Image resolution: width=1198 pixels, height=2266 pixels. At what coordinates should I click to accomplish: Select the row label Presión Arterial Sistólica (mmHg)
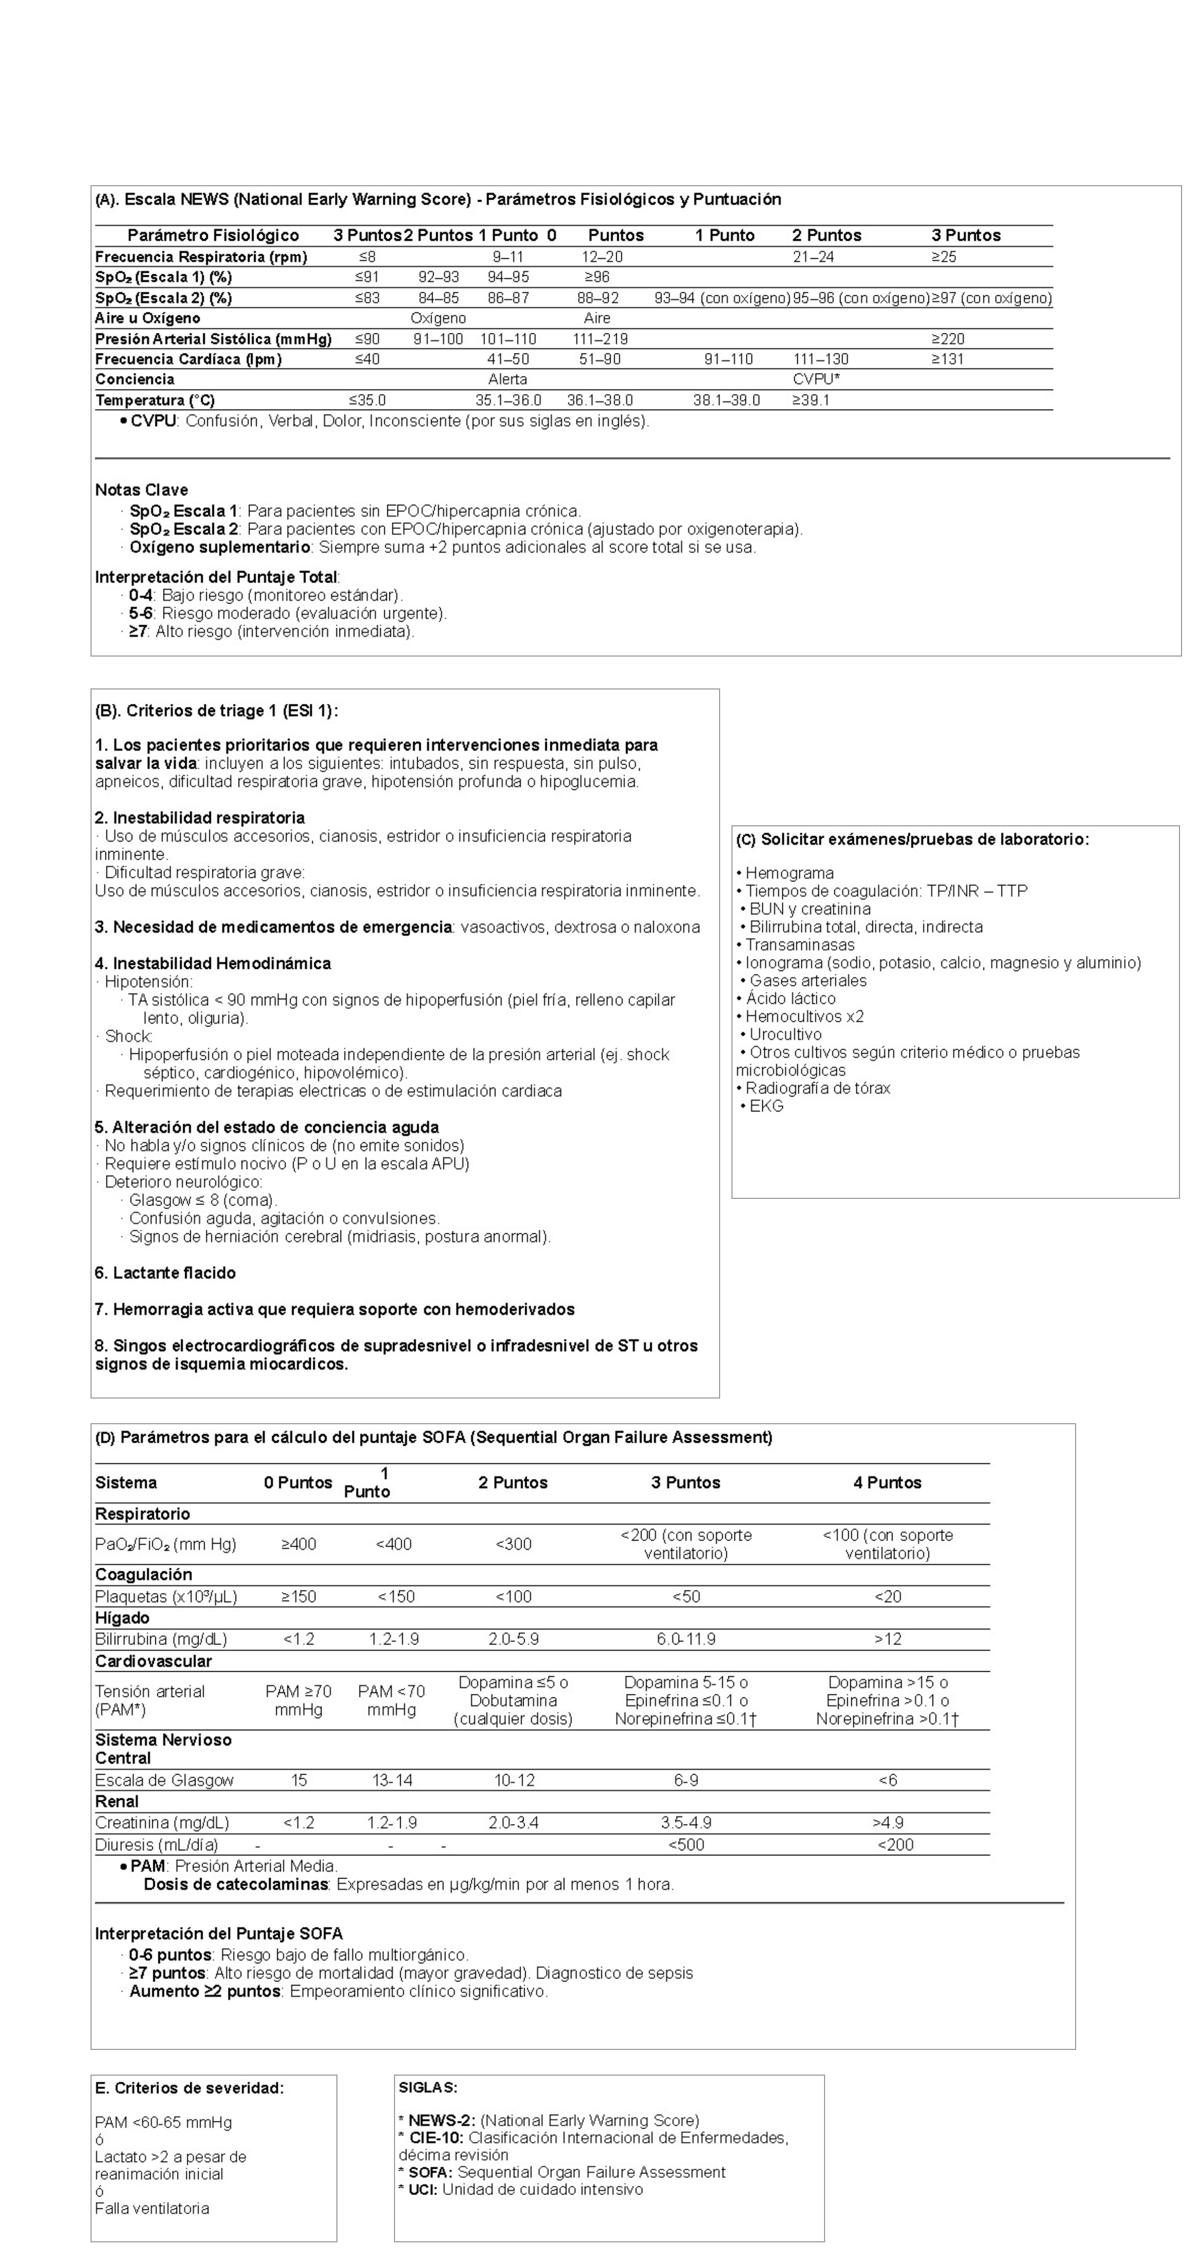pyautogui.click(x=213, y=339)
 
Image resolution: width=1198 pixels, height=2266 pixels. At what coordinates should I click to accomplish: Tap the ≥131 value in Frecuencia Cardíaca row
pyautogui.click(x=947, y=359)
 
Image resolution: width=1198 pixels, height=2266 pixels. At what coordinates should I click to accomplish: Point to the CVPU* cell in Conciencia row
pyautogui.click(x=815, y=379)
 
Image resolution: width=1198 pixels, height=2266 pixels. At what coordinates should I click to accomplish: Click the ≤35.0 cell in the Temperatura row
pyautogui.click(x=367, y=400)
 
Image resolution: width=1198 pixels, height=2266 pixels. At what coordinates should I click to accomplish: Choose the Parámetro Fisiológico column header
pyautogui.click(x=213, y=235)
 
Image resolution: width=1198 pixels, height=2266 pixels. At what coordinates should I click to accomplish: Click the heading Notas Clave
pyautogui.click(x=141, y=490)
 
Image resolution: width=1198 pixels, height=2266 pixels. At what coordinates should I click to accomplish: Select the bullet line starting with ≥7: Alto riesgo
pyautogui.click(x=271, y=632)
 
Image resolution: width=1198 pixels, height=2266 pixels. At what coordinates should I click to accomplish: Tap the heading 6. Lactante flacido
pyautogui.click(x=165, y=1273)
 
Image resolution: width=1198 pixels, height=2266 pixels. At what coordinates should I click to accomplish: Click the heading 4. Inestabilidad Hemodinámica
pyautogui.click(x=213, y=963)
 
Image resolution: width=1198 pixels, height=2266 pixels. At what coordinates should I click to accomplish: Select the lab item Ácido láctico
pyautogui.click(x=790, y=998)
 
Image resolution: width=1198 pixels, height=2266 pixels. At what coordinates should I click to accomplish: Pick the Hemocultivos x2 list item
pyautogui.click(x=804, y=1016)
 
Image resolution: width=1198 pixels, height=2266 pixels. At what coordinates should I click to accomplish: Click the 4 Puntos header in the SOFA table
pyautogui.click(x=887, y=1482)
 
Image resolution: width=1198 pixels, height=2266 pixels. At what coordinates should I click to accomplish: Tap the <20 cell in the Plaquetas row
pyautogui.click(x=887, y=1597)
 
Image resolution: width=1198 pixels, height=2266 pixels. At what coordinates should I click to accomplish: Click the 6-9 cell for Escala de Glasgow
pyautogui.click(x=686, y=1780)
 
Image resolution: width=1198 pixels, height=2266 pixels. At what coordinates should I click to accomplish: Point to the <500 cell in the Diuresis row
pyautogui.click(x=686, y=1845)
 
